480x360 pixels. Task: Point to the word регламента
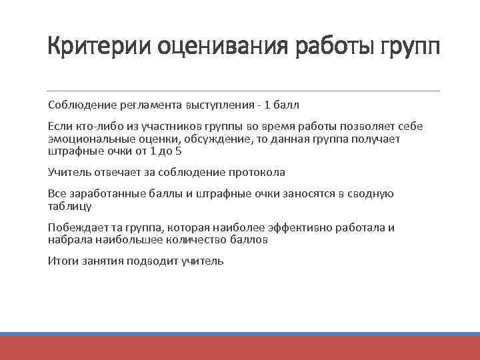tap(151, 105)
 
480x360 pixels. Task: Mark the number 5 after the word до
tap(179, 151)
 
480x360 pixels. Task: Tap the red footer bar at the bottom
tap(240, 348)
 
